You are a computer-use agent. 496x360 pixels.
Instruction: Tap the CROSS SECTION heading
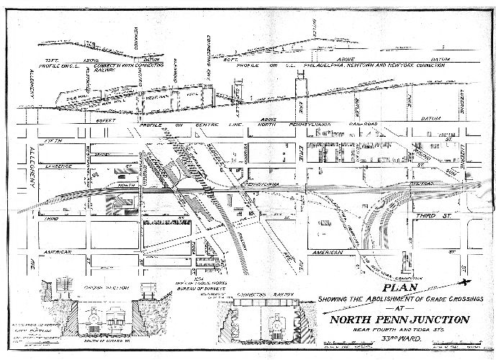click(x=81, y=286)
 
